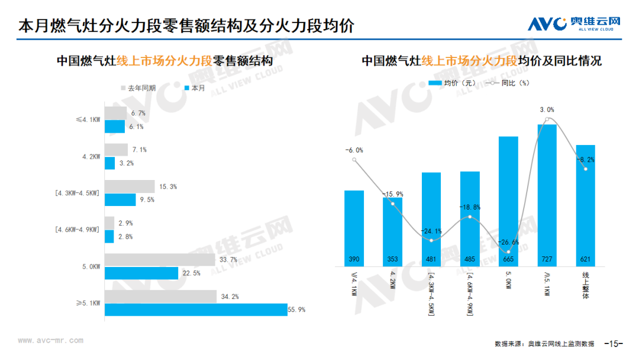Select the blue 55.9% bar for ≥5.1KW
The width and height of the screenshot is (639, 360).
tap(196, 310)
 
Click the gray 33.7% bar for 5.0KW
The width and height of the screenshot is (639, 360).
tap(160, 260)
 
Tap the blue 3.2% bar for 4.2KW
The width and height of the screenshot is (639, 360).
tap(109, 163)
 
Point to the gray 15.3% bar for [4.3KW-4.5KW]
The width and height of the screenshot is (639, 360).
tap(130, 187)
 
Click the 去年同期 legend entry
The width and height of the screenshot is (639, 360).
tap(138, 88)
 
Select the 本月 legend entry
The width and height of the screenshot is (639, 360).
tap(195, 88)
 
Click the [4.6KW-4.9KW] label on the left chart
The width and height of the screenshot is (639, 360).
tap(78, 230)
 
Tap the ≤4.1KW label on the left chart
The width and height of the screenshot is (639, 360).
tap(88, 120)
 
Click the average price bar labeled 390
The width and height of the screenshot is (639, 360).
tap(354, 229)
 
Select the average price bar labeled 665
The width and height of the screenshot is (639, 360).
tap(508, 201)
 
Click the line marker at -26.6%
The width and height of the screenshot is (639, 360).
tap(508, 252)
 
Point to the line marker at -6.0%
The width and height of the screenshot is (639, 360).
tap(354, 160)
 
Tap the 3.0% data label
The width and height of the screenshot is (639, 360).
tap(547, 110)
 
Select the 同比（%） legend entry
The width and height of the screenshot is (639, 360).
tap(508, 83)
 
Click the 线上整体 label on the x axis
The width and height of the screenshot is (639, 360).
tap(586, 285)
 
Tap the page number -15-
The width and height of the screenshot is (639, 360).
tap(614, 343)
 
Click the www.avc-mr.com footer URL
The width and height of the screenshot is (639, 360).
tap(50, 340)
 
